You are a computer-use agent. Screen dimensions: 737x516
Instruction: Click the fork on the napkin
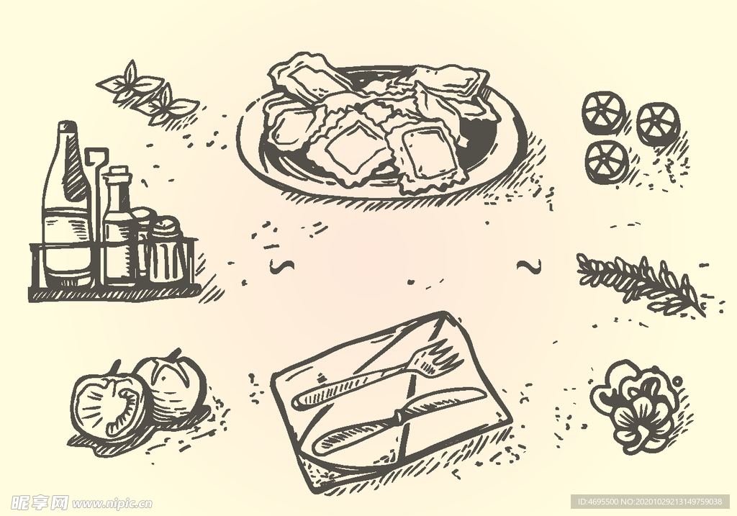tap(376, 376)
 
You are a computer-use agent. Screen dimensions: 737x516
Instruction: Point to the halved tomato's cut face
tap(108, 407)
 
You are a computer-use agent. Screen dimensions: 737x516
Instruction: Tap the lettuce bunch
tap(638, 407)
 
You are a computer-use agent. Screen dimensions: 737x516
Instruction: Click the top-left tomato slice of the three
tap(604, 114)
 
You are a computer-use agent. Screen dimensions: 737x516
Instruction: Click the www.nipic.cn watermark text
tap(113, 504)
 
